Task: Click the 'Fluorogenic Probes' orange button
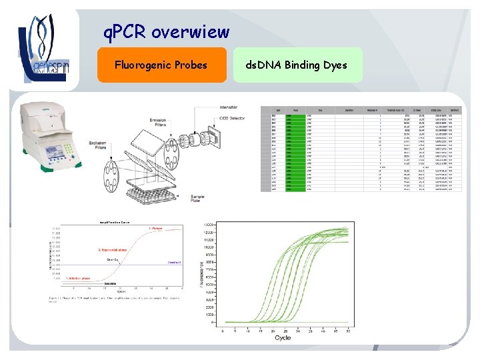tap(161, 65)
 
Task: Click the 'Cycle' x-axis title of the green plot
tap(283, 338)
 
